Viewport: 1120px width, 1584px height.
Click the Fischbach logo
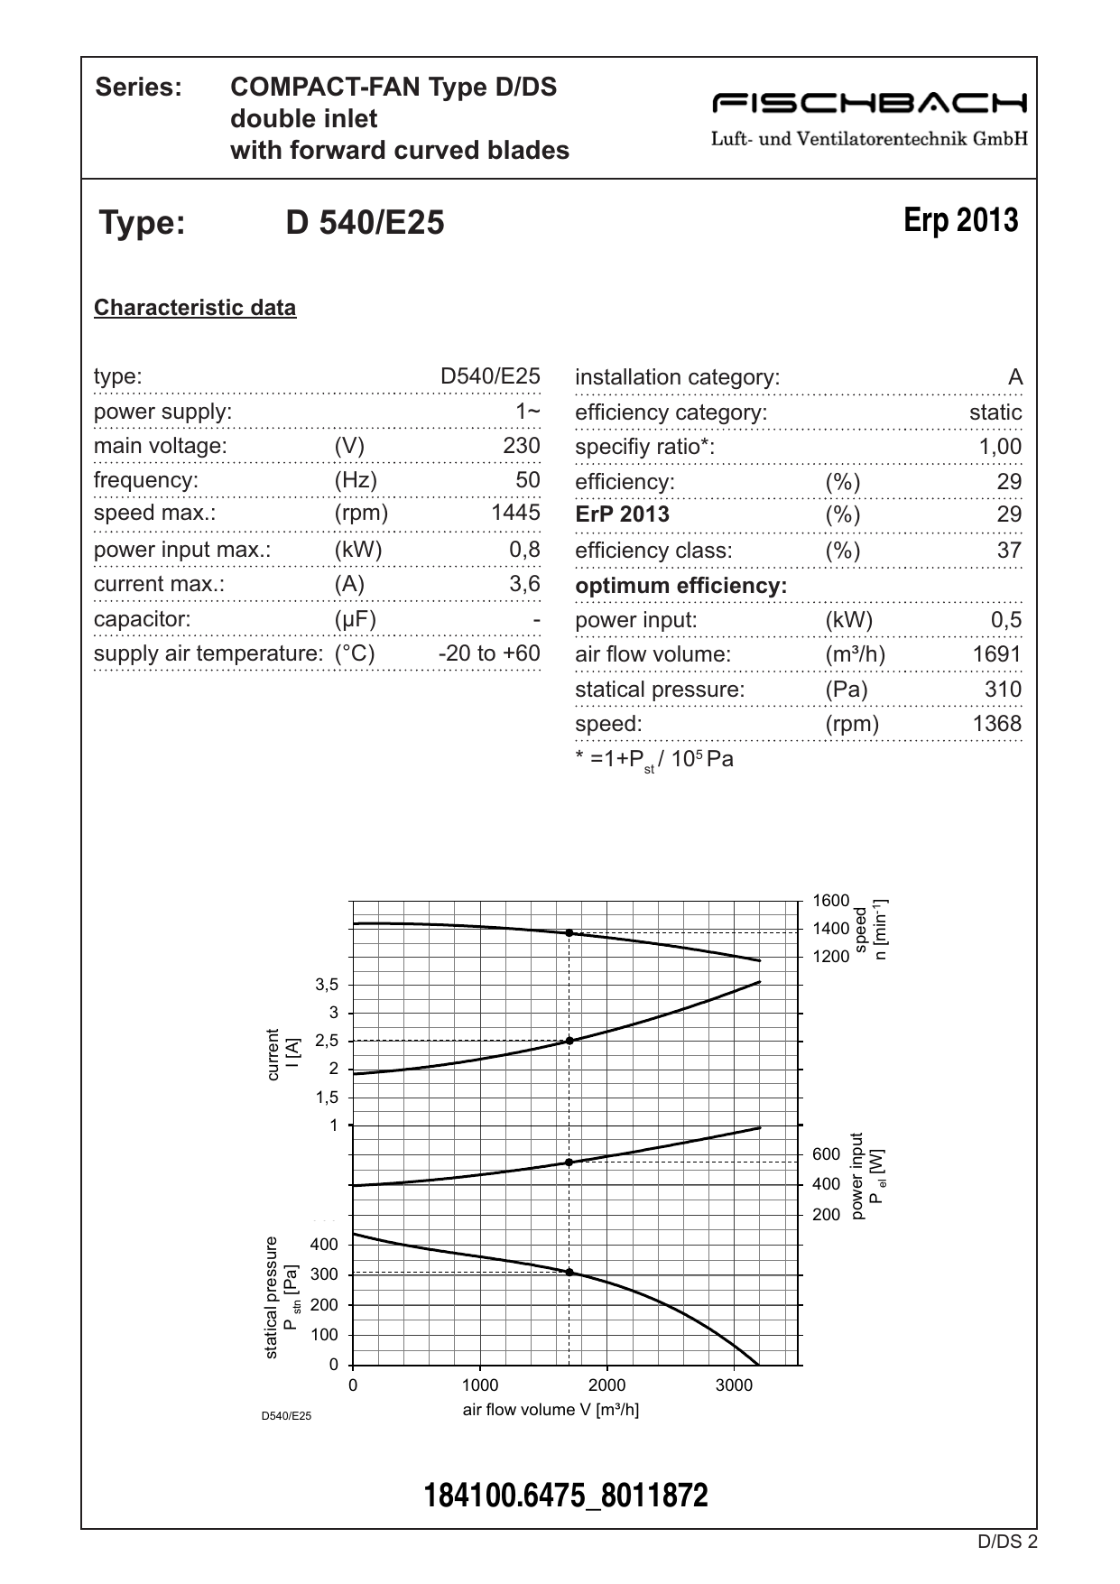869,103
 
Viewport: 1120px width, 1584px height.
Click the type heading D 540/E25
365,223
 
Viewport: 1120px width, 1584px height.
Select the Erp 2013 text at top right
960,220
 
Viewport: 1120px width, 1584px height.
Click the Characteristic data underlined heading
195,308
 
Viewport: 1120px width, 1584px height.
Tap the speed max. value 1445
515,513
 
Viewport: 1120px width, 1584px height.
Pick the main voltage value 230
522,446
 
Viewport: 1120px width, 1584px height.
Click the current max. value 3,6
524,584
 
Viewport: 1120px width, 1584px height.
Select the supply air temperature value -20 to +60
489,653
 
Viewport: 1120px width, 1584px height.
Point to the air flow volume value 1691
996,654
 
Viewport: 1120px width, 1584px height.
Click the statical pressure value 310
1003,690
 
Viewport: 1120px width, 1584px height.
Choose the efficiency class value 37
1009,551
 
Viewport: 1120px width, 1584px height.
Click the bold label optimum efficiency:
680,586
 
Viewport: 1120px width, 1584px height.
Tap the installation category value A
1015,377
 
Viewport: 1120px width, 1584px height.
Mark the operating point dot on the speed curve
569,932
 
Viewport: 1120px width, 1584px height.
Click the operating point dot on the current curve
569,1041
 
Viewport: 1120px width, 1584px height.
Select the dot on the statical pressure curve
569,1273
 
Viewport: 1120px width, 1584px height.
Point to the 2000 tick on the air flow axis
606,1385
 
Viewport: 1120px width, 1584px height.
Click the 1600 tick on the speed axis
830,901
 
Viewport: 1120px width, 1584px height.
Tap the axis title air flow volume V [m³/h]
551,1410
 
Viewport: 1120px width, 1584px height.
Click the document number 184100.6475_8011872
566,1496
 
